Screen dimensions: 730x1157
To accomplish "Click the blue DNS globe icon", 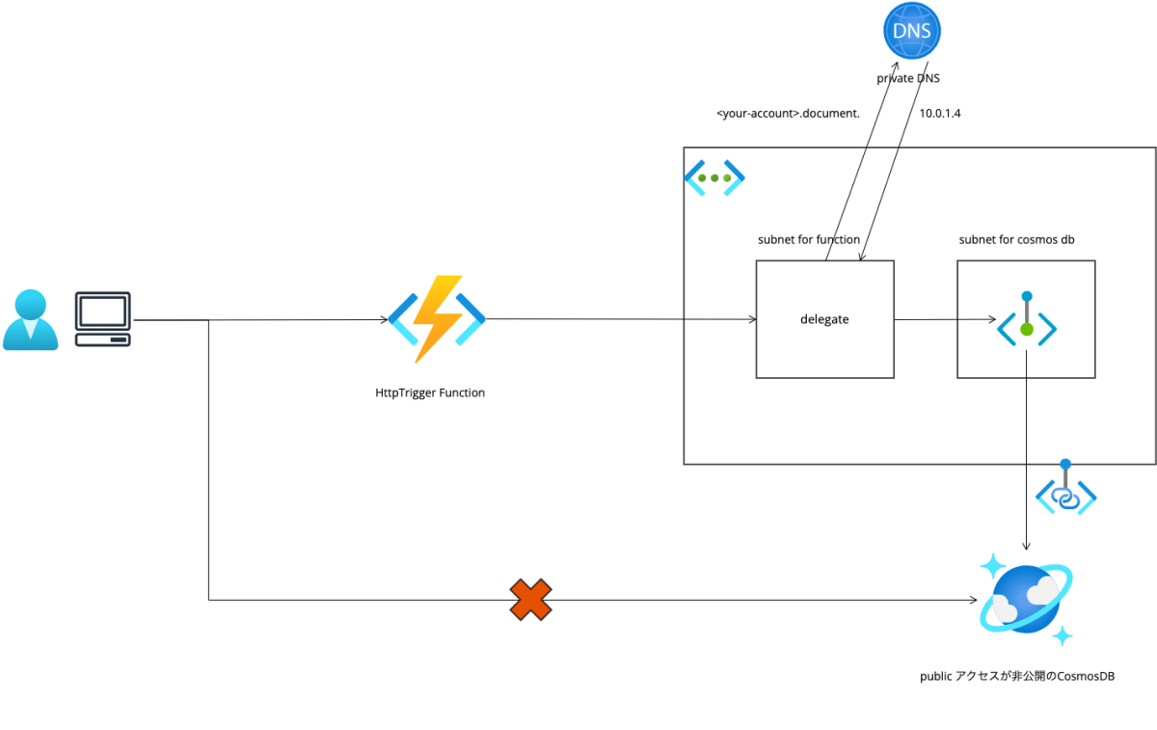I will click(x=911, y=32).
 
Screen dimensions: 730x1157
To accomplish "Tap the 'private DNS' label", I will click(x=907, y=78).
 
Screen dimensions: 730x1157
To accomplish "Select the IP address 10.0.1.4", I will click(x=940, y=113).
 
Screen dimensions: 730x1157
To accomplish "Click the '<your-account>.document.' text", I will click(x=788, y=113).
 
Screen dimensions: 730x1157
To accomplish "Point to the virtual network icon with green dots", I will click(x=714, y=178).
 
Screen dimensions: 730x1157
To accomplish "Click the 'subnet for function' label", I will click(x=808, y=239).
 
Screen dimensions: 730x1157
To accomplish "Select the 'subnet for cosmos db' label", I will click(x=1016, y=239).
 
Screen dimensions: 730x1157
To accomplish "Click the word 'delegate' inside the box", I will click(x=824, y=319).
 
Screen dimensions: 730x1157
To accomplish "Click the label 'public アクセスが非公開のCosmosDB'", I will click(x=1017, y=677).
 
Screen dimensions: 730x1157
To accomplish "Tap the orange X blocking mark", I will click(x=530, y=600).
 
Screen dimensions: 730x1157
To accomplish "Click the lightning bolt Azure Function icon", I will click(x=437, y=319).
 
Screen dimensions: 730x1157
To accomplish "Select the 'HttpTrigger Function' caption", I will click(x=430, y=392).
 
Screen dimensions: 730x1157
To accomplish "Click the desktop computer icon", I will click(x=103, y=320).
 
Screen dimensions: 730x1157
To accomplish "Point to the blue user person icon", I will click(x=31, y=320).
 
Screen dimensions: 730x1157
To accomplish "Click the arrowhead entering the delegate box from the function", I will click(x=751, y=319).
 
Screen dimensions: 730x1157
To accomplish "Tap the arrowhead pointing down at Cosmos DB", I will click(x=1026, y=547).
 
